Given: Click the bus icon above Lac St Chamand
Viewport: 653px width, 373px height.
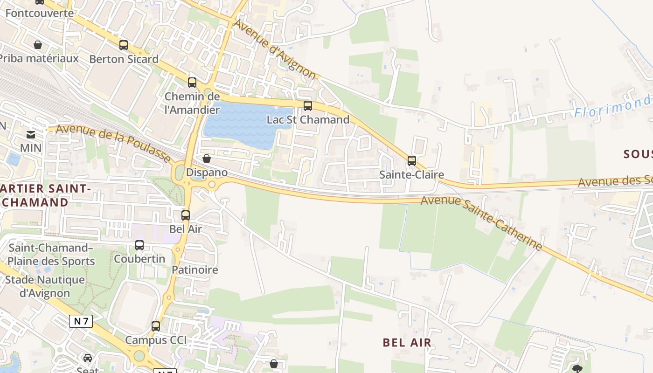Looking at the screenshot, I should [307, 106].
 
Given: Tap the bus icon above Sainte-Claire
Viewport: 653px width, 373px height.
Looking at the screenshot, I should [411, 161].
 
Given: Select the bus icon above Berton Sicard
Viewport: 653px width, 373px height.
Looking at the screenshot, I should [124, 45].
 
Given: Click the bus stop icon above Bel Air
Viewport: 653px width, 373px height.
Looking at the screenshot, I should [186, 215].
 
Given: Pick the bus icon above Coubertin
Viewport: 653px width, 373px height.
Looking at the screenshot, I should [139, 245].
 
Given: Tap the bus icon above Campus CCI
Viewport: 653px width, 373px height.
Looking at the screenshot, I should [156, 326].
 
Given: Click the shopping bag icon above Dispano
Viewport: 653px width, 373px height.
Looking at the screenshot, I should [207, 159].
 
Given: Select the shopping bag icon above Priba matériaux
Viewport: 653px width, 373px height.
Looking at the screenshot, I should [38, 45].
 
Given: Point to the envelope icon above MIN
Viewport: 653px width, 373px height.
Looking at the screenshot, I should [31, 135].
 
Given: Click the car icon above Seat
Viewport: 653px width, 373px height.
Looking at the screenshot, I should [88, 358].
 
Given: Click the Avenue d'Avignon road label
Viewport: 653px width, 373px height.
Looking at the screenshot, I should [276, 48].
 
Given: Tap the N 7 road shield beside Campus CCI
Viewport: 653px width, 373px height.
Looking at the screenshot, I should [81, 321].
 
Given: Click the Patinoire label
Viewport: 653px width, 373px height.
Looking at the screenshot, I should [195, 270].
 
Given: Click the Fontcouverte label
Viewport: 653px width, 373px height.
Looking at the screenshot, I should [40, 13].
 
